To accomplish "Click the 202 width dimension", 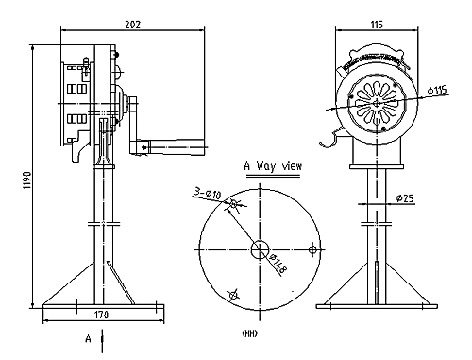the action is coord(133,25).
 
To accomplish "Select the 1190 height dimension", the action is coord(27,180).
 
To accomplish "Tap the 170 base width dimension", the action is coord(101,315).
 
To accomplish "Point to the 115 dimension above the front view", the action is coord(377,25).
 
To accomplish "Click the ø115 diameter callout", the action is coord(437,91).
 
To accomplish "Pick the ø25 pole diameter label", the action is coord(405,198).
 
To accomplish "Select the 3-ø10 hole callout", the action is coord(207,193).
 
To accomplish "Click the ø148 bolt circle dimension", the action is coord(278,264).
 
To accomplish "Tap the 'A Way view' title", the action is coord(273,165).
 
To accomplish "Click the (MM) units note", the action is coord(250,334).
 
